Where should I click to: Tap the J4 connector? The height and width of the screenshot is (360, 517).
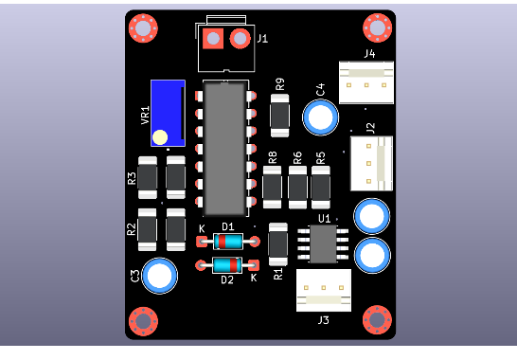click(x=366, y=82)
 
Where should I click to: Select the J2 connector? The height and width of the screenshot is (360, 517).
click(x=371, y=163)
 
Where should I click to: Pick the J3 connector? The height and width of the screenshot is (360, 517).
click(x=324, y=290)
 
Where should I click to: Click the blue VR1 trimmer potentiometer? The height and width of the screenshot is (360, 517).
click(x=168, y=113)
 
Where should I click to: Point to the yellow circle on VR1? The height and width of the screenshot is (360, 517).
click(x=160, y=137)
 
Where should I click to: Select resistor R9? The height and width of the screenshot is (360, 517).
click(x=279, y=115)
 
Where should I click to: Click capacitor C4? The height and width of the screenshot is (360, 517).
click(x=321, y=117)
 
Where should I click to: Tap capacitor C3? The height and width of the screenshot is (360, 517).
click(x=159, y=276)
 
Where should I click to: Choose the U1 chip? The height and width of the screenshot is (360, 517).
click(x=323, y=243)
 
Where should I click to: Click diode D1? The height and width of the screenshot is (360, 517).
click(x=228, y=242)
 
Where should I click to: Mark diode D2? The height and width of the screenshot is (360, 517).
click(x=227, y=265)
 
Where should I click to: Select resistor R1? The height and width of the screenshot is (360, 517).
click(x=277, y=243)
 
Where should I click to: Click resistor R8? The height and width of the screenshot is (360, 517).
click(x=273, y=187)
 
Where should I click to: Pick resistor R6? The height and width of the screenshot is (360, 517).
click(x=297, y=187)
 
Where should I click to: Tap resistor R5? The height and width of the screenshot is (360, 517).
click(x=321, y=187)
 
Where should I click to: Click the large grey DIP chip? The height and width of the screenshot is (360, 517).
click(x=224, y=149)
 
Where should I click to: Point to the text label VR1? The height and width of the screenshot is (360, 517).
click(x=145, y=115)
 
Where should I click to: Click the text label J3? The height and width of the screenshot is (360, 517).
click(x=324, y=320)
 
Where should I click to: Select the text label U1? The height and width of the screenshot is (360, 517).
click(x=325, y=218)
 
